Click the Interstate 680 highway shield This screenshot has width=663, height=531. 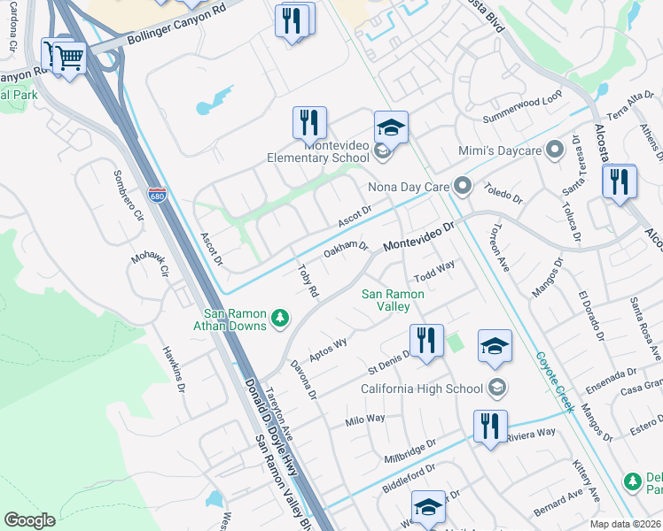pos(157,194)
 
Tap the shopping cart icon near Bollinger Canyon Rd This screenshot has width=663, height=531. pos(69,58)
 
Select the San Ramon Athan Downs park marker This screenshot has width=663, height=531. pos(280,317)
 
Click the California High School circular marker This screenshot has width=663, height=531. pos(497,388)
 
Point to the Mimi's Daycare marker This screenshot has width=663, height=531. pos(556,150)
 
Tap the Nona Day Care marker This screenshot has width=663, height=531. pos(462,186)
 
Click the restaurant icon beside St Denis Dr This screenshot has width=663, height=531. pos(426,340)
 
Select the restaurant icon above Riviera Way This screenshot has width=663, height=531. pos(489,426)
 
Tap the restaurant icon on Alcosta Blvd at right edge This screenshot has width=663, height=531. pos(619,181)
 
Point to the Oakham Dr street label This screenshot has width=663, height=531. pos(346,249)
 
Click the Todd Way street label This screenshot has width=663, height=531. pos(434,267)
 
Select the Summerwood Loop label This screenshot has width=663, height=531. pos(523,112)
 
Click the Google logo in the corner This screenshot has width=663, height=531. pos(30,520)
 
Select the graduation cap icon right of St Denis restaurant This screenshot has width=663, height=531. pos(495,346)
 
